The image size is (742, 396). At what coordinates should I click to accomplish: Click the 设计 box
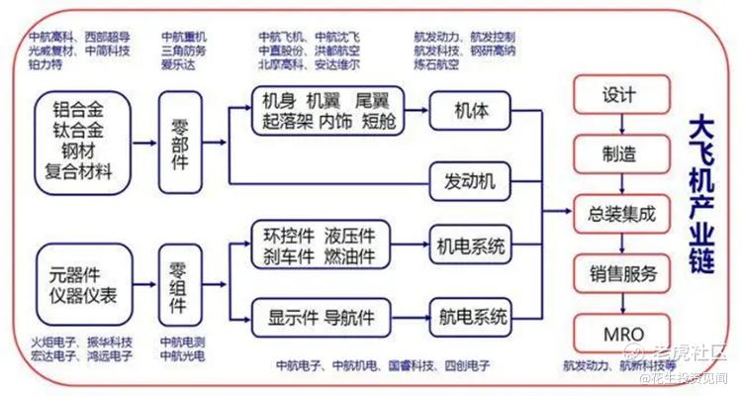(619, 96)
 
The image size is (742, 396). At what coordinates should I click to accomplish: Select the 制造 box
(619, 153)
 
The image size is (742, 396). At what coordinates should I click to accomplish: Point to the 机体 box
(470, 109)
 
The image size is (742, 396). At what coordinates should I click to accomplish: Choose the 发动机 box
(470, 181)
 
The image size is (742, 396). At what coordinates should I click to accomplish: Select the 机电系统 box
(471, 245)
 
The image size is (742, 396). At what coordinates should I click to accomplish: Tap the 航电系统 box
(471, 318)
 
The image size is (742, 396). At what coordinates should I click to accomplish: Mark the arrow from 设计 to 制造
(619, 125)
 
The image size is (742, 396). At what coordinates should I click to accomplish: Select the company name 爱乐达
(180, 64)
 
